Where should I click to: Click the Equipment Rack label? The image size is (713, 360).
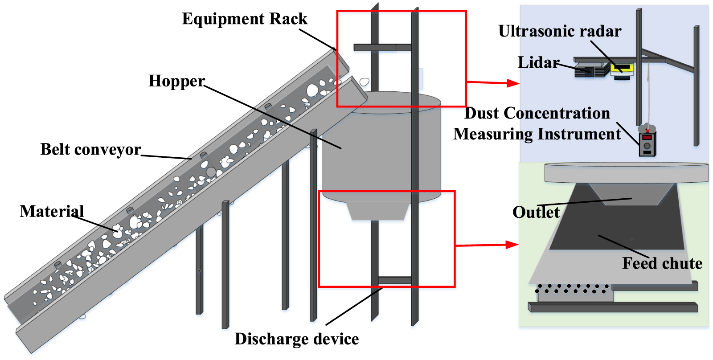coord(244,19)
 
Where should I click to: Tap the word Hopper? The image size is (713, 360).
coord(176,81)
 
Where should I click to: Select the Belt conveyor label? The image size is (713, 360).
coord(90,149)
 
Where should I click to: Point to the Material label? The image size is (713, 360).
coord(52,211)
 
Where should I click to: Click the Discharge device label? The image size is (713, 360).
coord(296,339)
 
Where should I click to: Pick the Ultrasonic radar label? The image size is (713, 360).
coord(559,31)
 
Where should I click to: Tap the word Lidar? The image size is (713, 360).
coord(538,62)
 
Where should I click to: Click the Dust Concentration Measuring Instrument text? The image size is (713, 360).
coord(537,124)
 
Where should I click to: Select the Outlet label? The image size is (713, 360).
coord(536,212)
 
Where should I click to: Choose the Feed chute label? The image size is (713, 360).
coord(662,263)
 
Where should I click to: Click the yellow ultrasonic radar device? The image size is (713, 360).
coord(622,68)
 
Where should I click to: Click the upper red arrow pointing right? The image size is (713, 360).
coord(492,82)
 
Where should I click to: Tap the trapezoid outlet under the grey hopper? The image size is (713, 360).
coord(379,211)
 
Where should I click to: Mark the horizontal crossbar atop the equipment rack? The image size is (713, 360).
coord(382,47)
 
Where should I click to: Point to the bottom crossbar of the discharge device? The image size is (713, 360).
coord(394,280)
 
